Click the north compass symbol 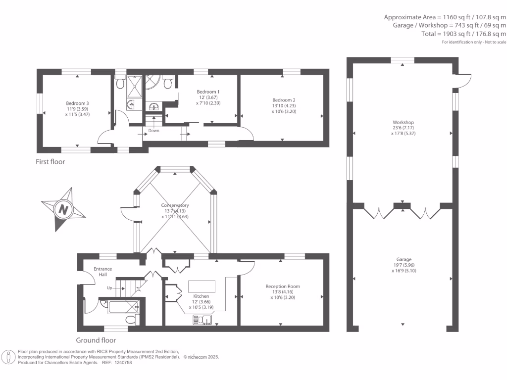pyautogui.click(x=63, y=209)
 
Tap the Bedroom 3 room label pyautogui.click(x=77, y=108)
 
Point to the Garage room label pyautogui.click(x=404, y=265)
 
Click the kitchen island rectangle pyautogui.click(x=201, y=286)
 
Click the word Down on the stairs pyautogui.click(x=153, y=131)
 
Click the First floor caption pyautogui.click(x=50, y=162)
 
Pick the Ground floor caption pyautogui.click(x=96, y=340)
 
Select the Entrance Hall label pyautogui.click(x=103, y=272)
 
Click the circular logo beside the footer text pyautogui.click(x=8, y=357)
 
